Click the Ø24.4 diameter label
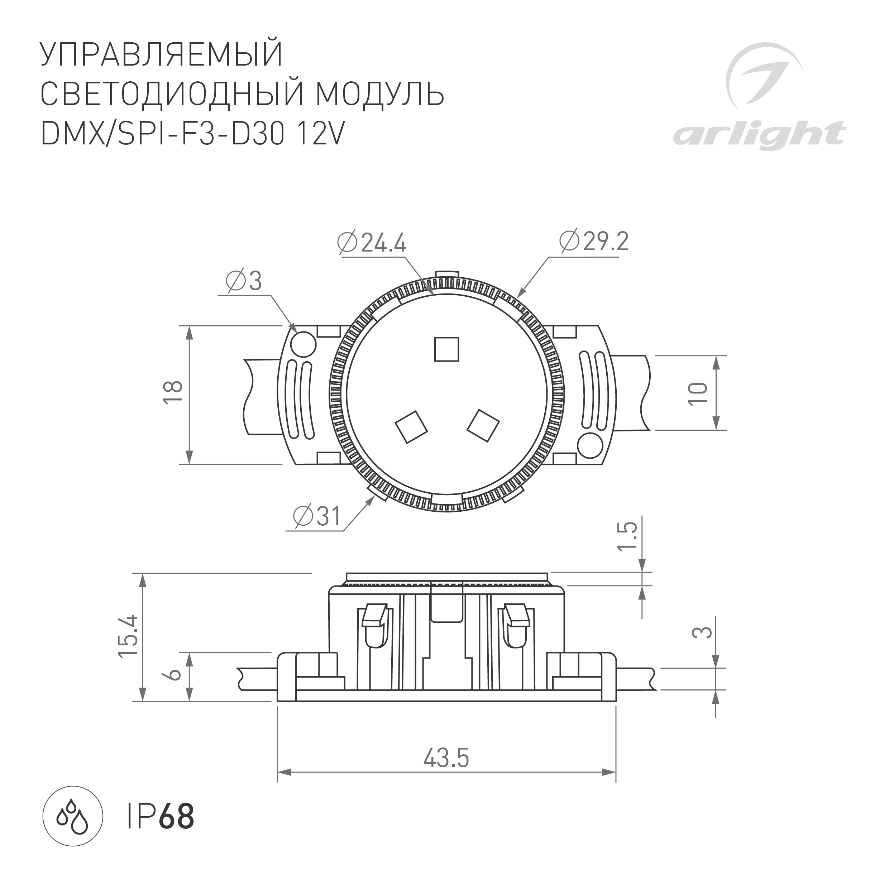click(x=372, y=243)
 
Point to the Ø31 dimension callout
click(x=317, y=516)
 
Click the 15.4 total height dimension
click(x=128, y=636)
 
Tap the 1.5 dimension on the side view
click(x=628, y=536)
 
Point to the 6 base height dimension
click(x=173, y=674)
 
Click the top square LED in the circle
click(x=447, y=349)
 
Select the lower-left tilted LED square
click(x=411, y=426)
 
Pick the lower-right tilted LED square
click(x=483, y=426)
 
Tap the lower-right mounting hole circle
click(x=590, y=445)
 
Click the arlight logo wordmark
click(x=759, y=134)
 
